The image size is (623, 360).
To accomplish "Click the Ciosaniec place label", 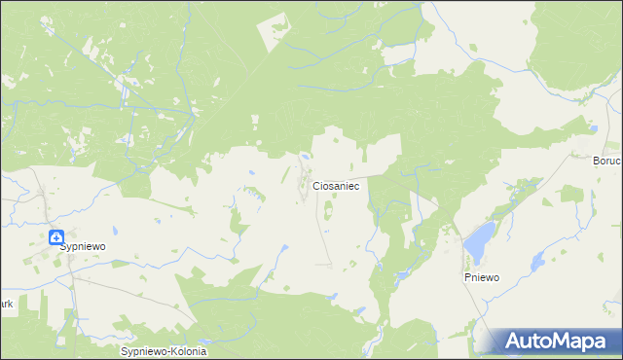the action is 336,185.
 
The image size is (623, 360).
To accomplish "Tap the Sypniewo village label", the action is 82,247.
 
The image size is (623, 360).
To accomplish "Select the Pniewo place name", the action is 481,277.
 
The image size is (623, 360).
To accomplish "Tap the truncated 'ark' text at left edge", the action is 6,304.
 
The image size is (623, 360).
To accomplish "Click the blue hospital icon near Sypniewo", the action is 57,236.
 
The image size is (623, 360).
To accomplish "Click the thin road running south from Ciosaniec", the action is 321,234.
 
